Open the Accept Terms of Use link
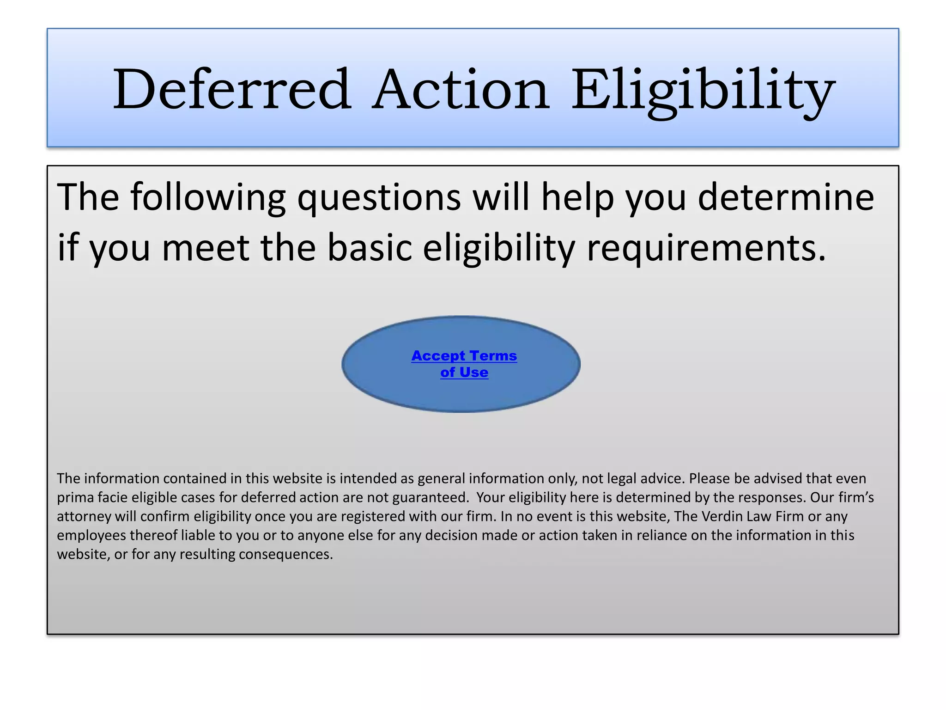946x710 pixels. pos(464,364)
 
